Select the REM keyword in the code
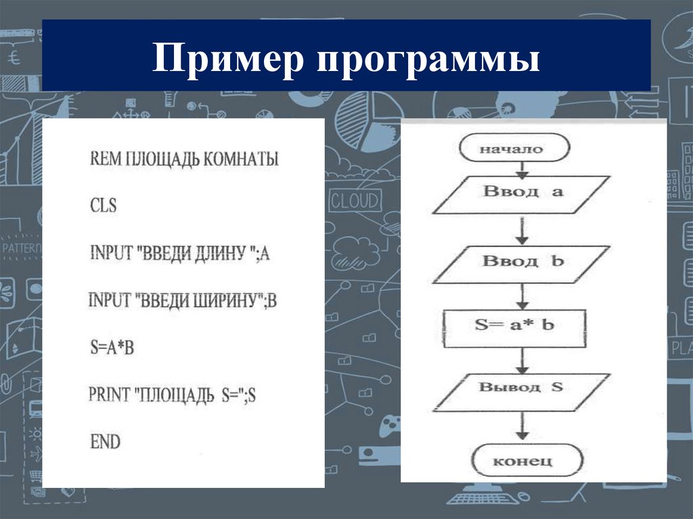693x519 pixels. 102,160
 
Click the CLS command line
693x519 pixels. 103,205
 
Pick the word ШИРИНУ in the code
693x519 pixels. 219,301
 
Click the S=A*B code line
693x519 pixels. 113,348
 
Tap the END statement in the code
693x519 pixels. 105,442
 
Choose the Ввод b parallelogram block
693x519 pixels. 519,261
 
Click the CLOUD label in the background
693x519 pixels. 354,201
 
